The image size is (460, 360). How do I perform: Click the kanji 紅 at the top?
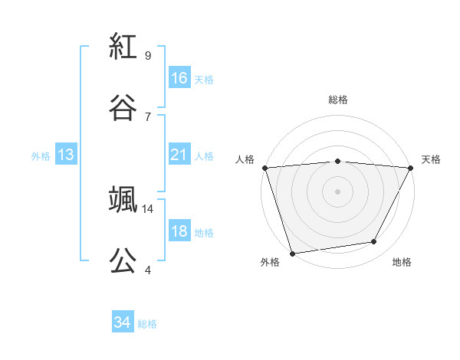point(123,47)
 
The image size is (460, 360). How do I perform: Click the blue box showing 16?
point(179,77)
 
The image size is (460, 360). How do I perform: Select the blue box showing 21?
point(179,155)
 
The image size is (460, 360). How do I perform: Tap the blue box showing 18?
point(179,231)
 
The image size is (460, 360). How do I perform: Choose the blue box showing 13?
point(66,155)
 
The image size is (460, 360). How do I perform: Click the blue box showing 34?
point(123,322)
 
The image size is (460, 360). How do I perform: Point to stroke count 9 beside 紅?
point(148,56)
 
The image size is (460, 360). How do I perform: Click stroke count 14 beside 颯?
point(148,208)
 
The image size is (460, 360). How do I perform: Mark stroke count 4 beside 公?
point(148,270)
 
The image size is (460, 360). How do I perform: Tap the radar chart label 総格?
point(338,100)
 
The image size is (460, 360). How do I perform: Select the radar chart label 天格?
point(431,159)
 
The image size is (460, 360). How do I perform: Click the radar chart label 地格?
point(402,262)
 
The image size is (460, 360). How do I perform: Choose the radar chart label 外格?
point(270,262)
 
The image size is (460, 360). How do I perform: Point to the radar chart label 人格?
point(245,159)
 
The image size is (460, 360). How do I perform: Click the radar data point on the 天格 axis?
point(412,168)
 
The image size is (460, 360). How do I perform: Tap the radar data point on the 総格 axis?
point(338,161)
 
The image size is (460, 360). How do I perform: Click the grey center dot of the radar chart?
point(338,191)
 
